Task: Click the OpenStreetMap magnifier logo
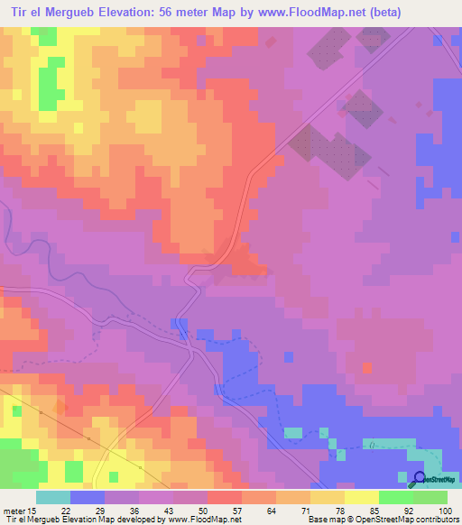pyautogui.click(x=418, y=479)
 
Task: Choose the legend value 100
pyautogui.click(x=445, y=511)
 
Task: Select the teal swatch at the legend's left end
pyautogui.click(x=53, y=497)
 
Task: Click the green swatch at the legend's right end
pyautogui.click(x=430, y=497)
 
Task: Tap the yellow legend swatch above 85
pyautogui.click(x=362, y=497)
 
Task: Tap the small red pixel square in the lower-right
pyautogui.click(x=366, y=367)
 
